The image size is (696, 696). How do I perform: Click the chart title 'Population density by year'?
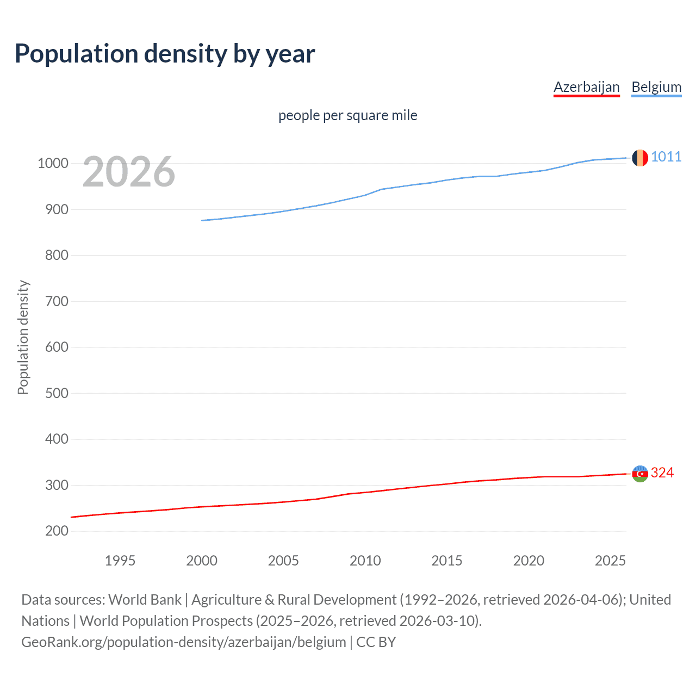click(165, 54)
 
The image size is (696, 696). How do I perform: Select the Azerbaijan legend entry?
click(586, 87)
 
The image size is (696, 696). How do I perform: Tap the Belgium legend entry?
click(656, 87)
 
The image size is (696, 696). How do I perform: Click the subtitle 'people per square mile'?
click(347, 115)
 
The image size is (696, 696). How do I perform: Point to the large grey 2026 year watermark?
click(129, 172)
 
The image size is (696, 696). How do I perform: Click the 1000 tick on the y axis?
click(53, 164)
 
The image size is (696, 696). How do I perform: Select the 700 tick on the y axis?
click(57, 301)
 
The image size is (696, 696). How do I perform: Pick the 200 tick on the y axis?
click(57, 531)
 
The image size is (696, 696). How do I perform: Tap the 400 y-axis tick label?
click(57, 439)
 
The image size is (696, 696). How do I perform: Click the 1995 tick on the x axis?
click(120, 561)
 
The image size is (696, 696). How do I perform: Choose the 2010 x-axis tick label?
click(365, 561)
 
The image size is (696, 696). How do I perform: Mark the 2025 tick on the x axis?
click(610, 561)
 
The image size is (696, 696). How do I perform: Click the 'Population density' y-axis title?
click(23, 337)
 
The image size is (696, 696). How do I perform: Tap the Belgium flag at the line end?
click(640, 158)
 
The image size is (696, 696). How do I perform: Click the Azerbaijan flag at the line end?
click(640, 474)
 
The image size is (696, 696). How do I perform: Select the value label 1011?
click(666, 157)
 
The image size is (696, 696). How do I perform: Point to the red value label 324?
click(662, 473)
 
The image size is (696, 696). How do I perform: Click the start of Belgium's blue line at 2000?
click(202, 220)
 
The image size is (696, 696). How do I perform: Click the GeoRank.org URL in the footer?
click(183, 642)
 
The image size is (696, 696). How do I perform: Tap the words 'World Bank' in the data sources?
click(145, 600)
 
